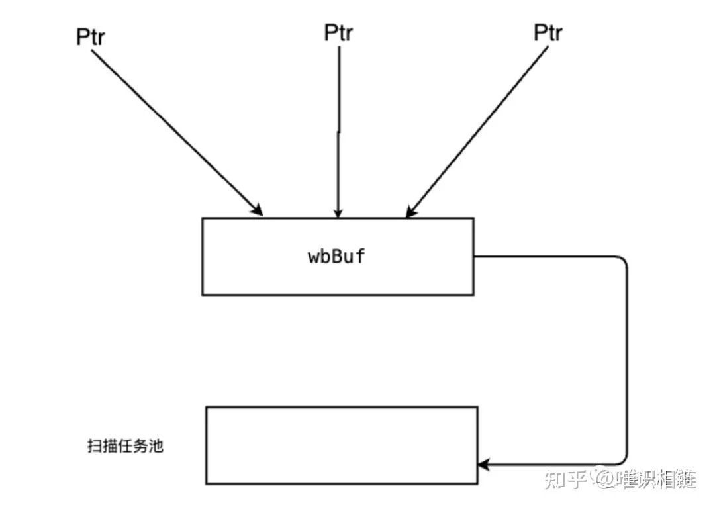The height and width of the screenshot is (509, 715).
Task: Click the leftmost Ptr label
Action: point(91,37)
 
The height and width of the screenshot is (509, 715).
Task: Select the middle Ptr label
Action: point(338,33)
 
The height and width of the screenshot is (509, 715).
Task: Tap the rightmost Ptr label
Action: point(549,33)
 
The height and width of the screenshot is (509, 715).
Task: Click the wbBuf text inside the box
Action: point(337,256)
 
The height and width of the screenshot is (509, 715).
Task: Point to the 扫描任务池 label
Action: point(125,446)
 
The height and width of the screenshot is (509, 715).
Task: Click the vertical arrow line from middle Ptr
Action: point(339,132)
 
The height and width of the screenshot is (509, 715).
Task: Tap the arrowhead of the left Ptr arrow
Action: point(257,210)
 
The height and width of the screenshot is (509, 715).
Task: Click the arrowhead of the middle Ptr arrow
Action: point(338,212)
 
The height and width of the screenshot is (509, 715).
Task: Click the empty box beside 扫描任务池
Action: point(342,445)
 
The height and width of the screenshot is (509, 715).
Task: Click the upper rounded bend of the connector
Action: point(621,261)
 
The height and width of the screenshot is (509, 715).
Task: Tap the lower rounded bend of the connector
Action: point(621,459)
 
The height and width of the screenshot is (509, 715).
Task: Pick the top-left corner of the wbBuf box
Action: point(203,219)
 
